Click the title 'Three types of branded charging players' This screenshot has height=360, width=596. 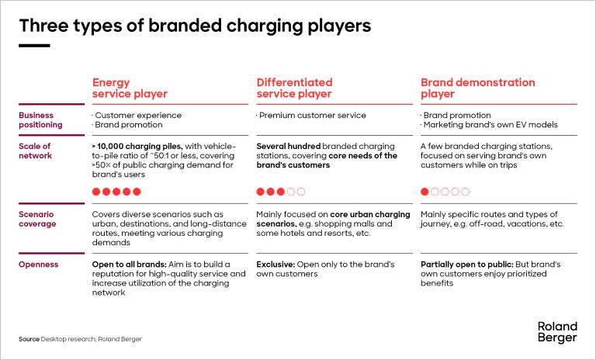(195, 26)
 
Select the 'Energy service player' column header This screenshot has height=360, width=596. (130, 88)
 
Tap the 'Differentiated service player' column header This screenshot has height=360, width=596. (294, 88)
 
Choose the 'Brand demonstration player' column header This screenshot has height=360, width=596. (477, 88)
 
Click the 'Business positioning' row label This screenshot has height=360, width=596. (40, 119)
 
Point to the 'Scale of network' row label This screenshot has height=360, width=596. (35, 151)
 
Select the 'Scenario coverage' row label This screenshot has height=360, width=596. (37, 219)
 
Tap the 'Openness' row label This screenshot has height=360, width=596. (38, 265)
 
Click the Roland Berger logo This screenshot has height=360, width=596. (557, 332)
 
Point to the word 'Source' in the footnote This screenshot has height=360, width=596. (29, 339)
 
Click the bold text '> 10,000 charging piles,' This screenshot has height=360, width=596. (137, 147)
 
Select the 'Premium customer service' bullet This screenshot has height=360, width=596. (311, 115)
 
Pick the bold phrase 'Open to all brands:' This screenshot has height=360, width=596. (130, 265)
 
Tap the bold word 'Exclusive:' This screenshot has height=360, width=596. (275, 265)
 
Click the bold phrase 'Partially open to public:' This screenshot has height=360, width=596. (467, 265)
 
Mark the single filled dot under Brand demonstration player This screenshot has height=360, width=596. (424, 192)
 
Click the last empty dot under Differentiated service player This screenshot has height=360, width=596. (301, 192)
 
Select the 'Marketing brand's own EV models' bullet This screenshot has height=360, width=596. (489, 125)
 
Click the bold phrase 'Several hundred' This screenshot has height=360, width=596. (289, 147)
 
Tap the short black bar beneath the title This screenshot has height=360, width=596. (34, 46)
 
